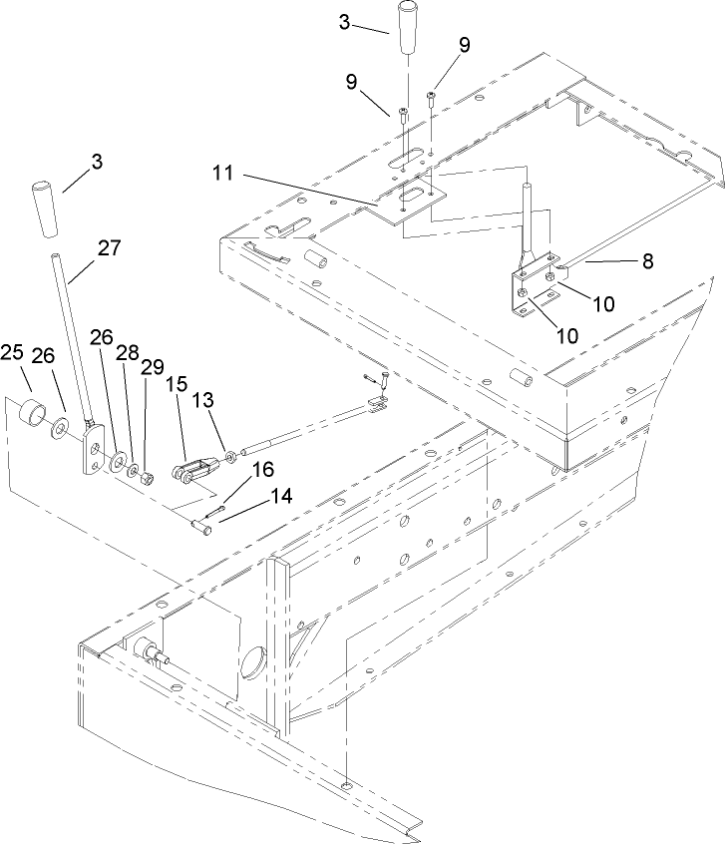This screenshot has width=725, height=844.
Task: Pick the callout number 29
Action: pyautogui.click(x=152, y=367)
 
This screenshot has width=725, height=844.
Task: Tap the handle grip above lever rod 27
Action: pyautogui.click(x=44, y=209)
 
